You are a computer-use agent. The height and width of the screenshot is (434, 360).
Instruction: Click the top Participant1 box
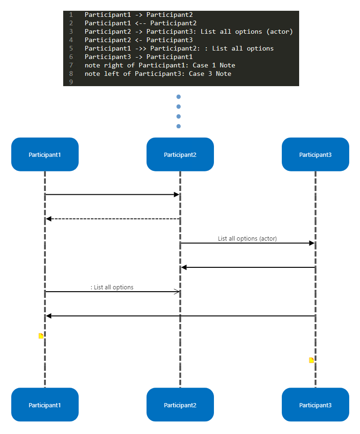pyautogui.click(x=44, y=154)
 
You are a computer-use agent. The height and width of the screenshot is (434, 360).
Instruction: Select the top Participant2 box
pyautogui.click(x=180, y=154)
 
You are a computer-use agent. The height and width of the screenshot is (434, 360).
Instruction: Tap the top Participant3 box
pyautogui.click(x=315, y=154)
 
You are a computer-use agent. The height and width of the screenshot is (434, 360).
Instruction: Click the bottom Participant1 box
pyautogui.click(x=44, y=405)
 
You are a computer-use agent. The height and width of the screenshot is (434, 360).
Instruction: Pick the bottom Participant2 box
pyautogui.click(x=180, y=405)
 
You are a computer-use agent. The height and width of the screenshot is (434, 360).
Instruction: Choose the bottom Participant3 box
pyautogui.click(x=315, y=405)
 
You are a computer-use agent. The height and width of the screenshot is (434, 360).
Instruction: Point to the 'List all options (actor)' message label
pyautogui.click(x=247, y=238)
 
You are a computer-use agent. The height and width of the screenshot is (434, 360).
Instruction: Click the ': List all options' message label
pyautogui.click(x=112, y=287)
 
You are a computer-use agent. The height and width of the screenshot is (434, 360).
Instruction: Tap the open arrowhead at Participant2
pyautogui.click(x=177, y=292)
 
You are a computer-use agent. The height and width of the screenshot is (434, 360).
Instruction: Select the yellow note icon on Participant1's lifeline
pyautogui.click(x=41, y=336)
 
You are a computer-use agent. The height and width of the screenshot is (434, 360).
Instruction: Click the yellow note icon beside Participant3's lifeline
pyautogui.click(x=311, y=360)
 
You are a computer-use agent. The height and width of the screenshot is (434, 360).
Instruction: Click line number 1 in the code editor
pyautogui.click(x=71, y=15)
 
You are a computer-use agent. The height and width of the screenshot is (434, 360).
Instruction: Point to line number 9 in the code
pyautogui.click(x=71, y=82)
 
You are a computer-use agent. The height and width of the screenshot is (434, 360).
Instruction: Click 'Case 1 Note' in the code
pyautogui.click(x=214, y=65)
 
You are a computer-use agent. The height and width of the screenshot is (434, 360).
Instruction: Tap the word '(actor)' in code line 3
pyautogui.click(x=278, y=31)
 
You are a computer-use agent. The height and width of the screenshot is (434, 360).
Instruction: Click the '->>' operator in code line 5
pyautogui.click(x=140, y=48)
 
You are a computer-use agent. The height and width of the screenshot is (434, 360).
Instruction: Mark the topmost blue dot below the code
pyautogui.click(x=178, y=97)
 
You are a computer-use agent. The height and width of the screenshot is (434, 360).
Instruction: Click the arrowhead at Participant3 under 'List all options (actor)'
pyautogui.click(x=311, y=243)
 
